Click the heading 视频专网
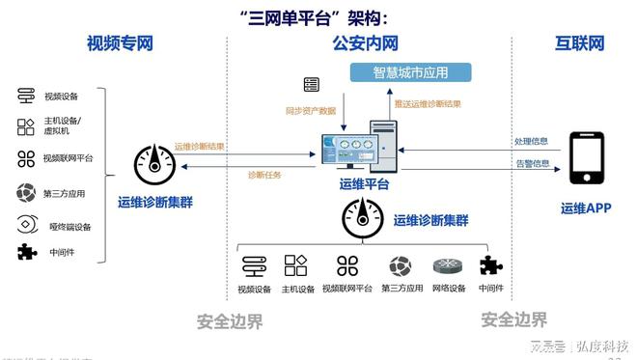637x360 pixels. [120, 43]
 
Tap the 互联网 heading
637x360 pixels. [579, 43]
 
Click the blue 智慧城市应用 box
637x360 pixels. [409, 72]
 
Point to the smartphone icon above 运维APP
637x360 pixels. [587, 158]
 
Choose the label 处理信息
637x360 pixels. [531, 141]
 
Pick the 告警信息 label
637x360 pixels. [531, 163]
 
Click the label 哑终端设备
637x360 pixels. [69, 227]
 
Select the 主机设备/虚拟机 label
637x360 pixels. [63, 125]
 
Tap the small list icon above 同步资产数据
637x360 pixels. [311, 84]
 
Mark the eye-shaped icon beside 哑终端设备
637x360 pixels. [26, 226]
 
